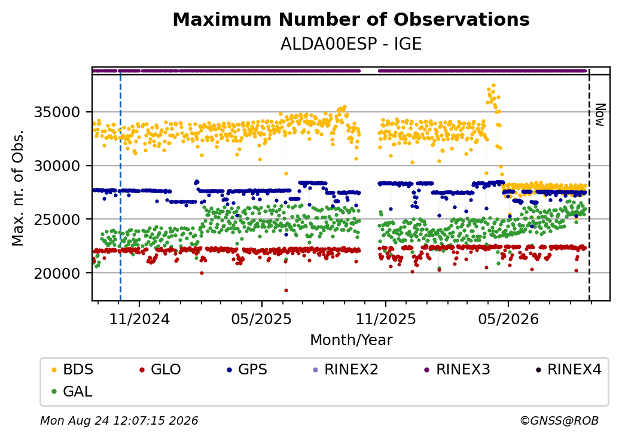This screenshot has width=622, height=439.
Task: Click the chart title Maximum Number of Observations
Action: [351, 19]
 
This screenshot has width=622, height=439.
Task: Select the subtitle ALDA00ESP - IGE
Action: [351, 44]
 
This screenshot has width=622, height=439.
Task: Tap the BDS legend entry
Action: [73, 370]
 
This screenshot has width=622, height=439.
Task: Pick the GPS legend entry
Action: [247, 370]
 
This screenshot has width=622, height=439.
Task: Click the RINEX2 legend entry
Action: [346, 370]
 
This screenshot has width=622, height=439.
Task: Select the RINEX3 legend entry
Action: [458, 370]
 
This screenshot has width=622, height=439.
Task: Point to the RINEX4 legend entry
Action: [569, 370]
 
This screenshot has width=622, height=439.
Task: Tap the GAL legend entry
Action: [72, 391]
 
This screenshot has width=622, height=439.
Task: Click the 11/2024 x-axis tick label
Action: [139, 319]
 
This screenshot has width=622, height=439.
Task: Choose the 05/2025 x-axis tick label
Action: [261, 319]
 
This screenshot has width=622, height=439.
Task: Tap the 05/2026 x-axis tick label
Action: [508, 319]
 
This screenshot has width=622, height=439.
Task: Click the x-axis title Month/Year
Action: [351, 340]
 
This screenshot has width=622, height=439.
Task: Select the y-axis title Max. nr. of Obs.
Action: [18, 188]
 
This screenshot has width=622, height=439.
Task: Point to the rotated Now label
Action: [600, 115]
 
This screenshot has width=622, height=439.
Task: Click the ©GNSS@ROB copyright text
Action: [559, 420]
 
